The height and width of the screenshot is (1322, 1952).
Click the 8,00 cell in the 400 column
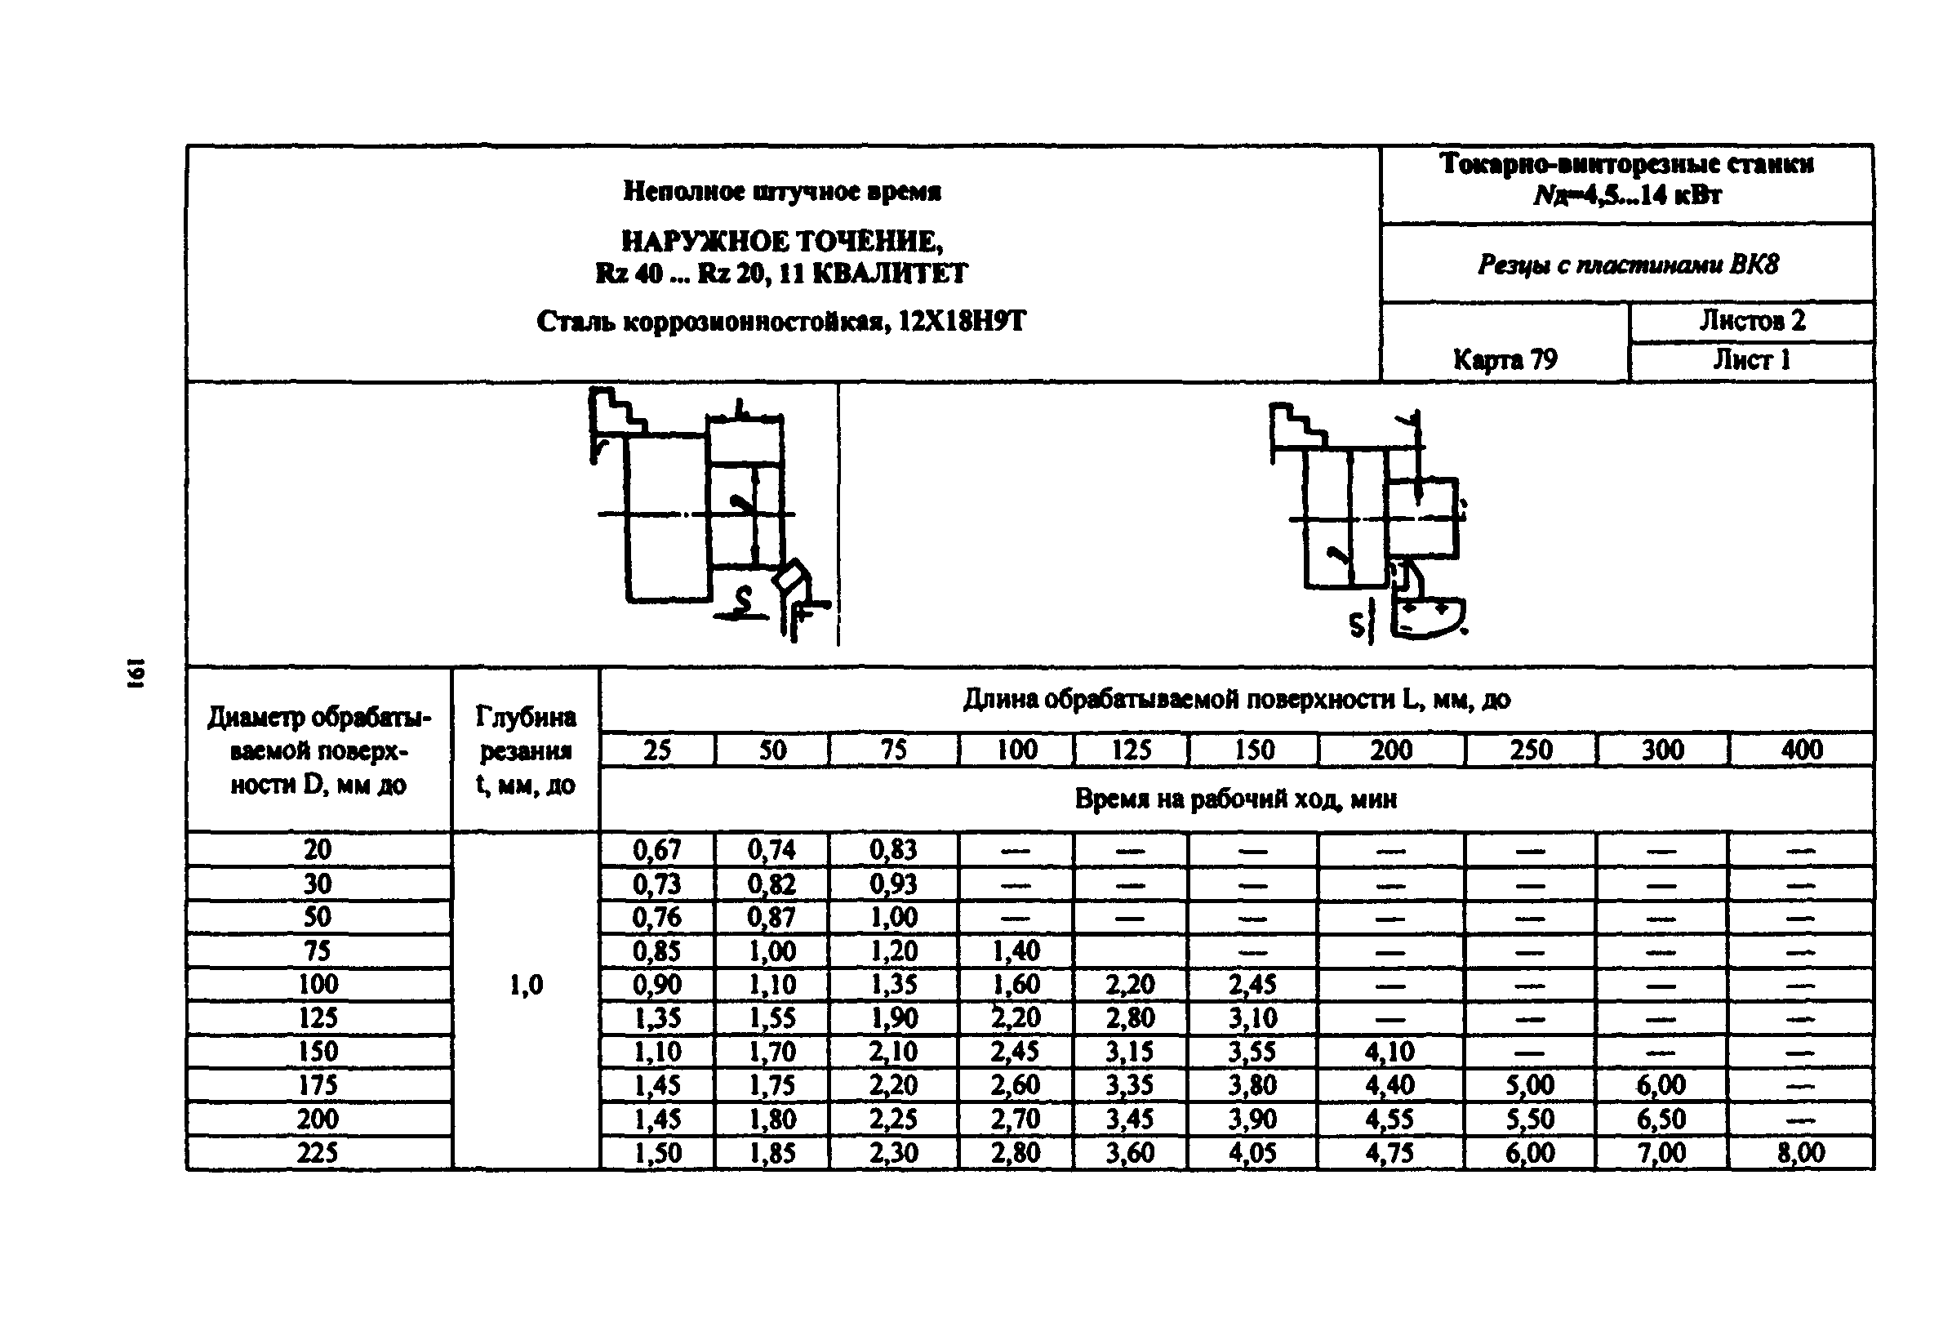(1800, 1152)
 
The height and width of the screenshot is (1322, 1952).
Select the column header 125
(1131, 750)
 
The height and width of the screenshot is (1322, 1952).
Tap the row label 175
(318, 1085)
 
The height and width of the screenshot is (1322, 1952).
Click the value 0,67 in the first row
(657, 850)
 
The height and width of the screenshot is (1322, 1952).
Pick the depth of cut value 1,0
(526, 985)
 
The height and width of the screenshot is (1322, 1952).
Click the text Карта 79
(1505, 359)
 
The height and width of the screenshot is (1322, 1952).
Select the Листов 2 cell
(1751, 321)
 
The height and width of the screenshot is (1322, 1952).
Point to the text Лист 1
(1751, 360)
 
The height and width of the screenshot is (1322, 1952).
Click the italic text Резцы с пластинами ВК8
(1627, 265)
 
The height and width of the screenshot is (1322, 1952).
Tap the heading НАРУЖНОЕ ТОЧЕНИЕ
(781, 242)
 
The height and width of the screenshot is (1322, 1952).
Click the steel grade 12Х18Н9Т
(962, 321)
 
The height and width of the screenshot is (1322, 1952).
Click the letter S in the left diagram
(741, 599)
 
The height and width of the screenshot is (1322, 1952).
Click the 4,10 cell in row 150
(1390, 1052)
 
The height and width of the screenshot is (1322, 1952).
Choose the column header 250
(1531, 750)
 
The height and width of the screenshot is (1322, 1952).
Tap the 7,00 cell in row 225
(1661, 1152)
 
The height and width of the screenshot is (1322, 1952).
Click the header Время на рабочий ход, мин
(1235, 799)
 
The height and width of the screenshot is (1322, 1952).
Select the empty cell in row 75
(1131, 950)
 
